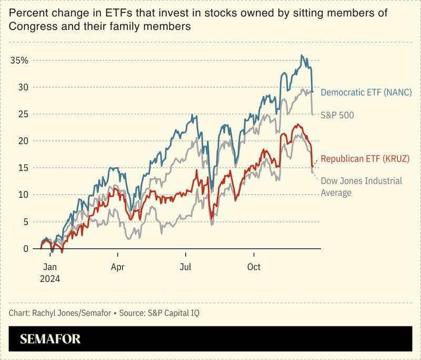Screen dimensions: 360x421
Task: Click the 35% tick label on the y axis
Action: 19,60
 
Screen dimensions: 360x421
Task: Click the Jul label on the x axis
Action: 185,267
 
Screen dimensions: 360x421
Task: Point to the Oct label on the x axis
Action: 254,267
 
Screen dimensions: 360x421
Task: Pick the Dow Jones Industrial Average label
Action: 361,187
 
